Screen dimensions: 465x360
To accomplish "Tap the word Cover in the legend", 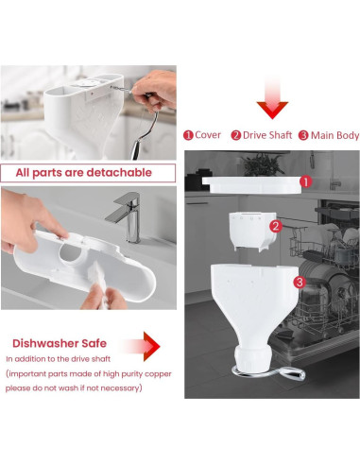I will point(207,135).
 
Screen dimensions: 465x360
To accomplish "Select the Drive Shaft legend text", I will point(267,135).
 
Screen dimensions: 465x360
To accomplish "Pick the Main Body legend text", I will point(335,135).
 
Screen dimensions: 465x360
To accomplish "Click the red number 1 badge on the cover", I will point(305,181).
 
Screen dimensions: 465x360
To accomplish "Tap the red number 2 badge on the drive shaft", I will point(275,226).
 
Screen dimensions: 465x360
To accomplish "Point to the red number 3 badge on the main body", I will point(299,281).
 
